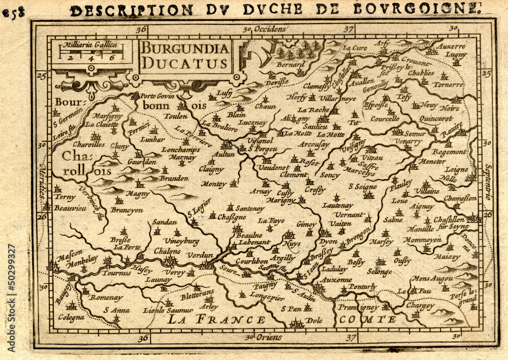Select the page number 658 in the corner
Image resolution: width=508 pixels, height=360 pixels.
pos(13,13)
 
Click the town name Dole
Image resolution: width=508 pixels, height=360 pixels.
pos(315,320)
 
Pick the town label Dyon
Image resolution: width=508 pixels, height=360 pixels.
pos(328,242)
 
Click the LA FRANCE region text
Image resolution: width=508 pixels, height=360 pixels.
pos(217,319)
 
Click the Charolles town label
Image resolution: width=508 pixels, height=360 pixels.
pos(89,144)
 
